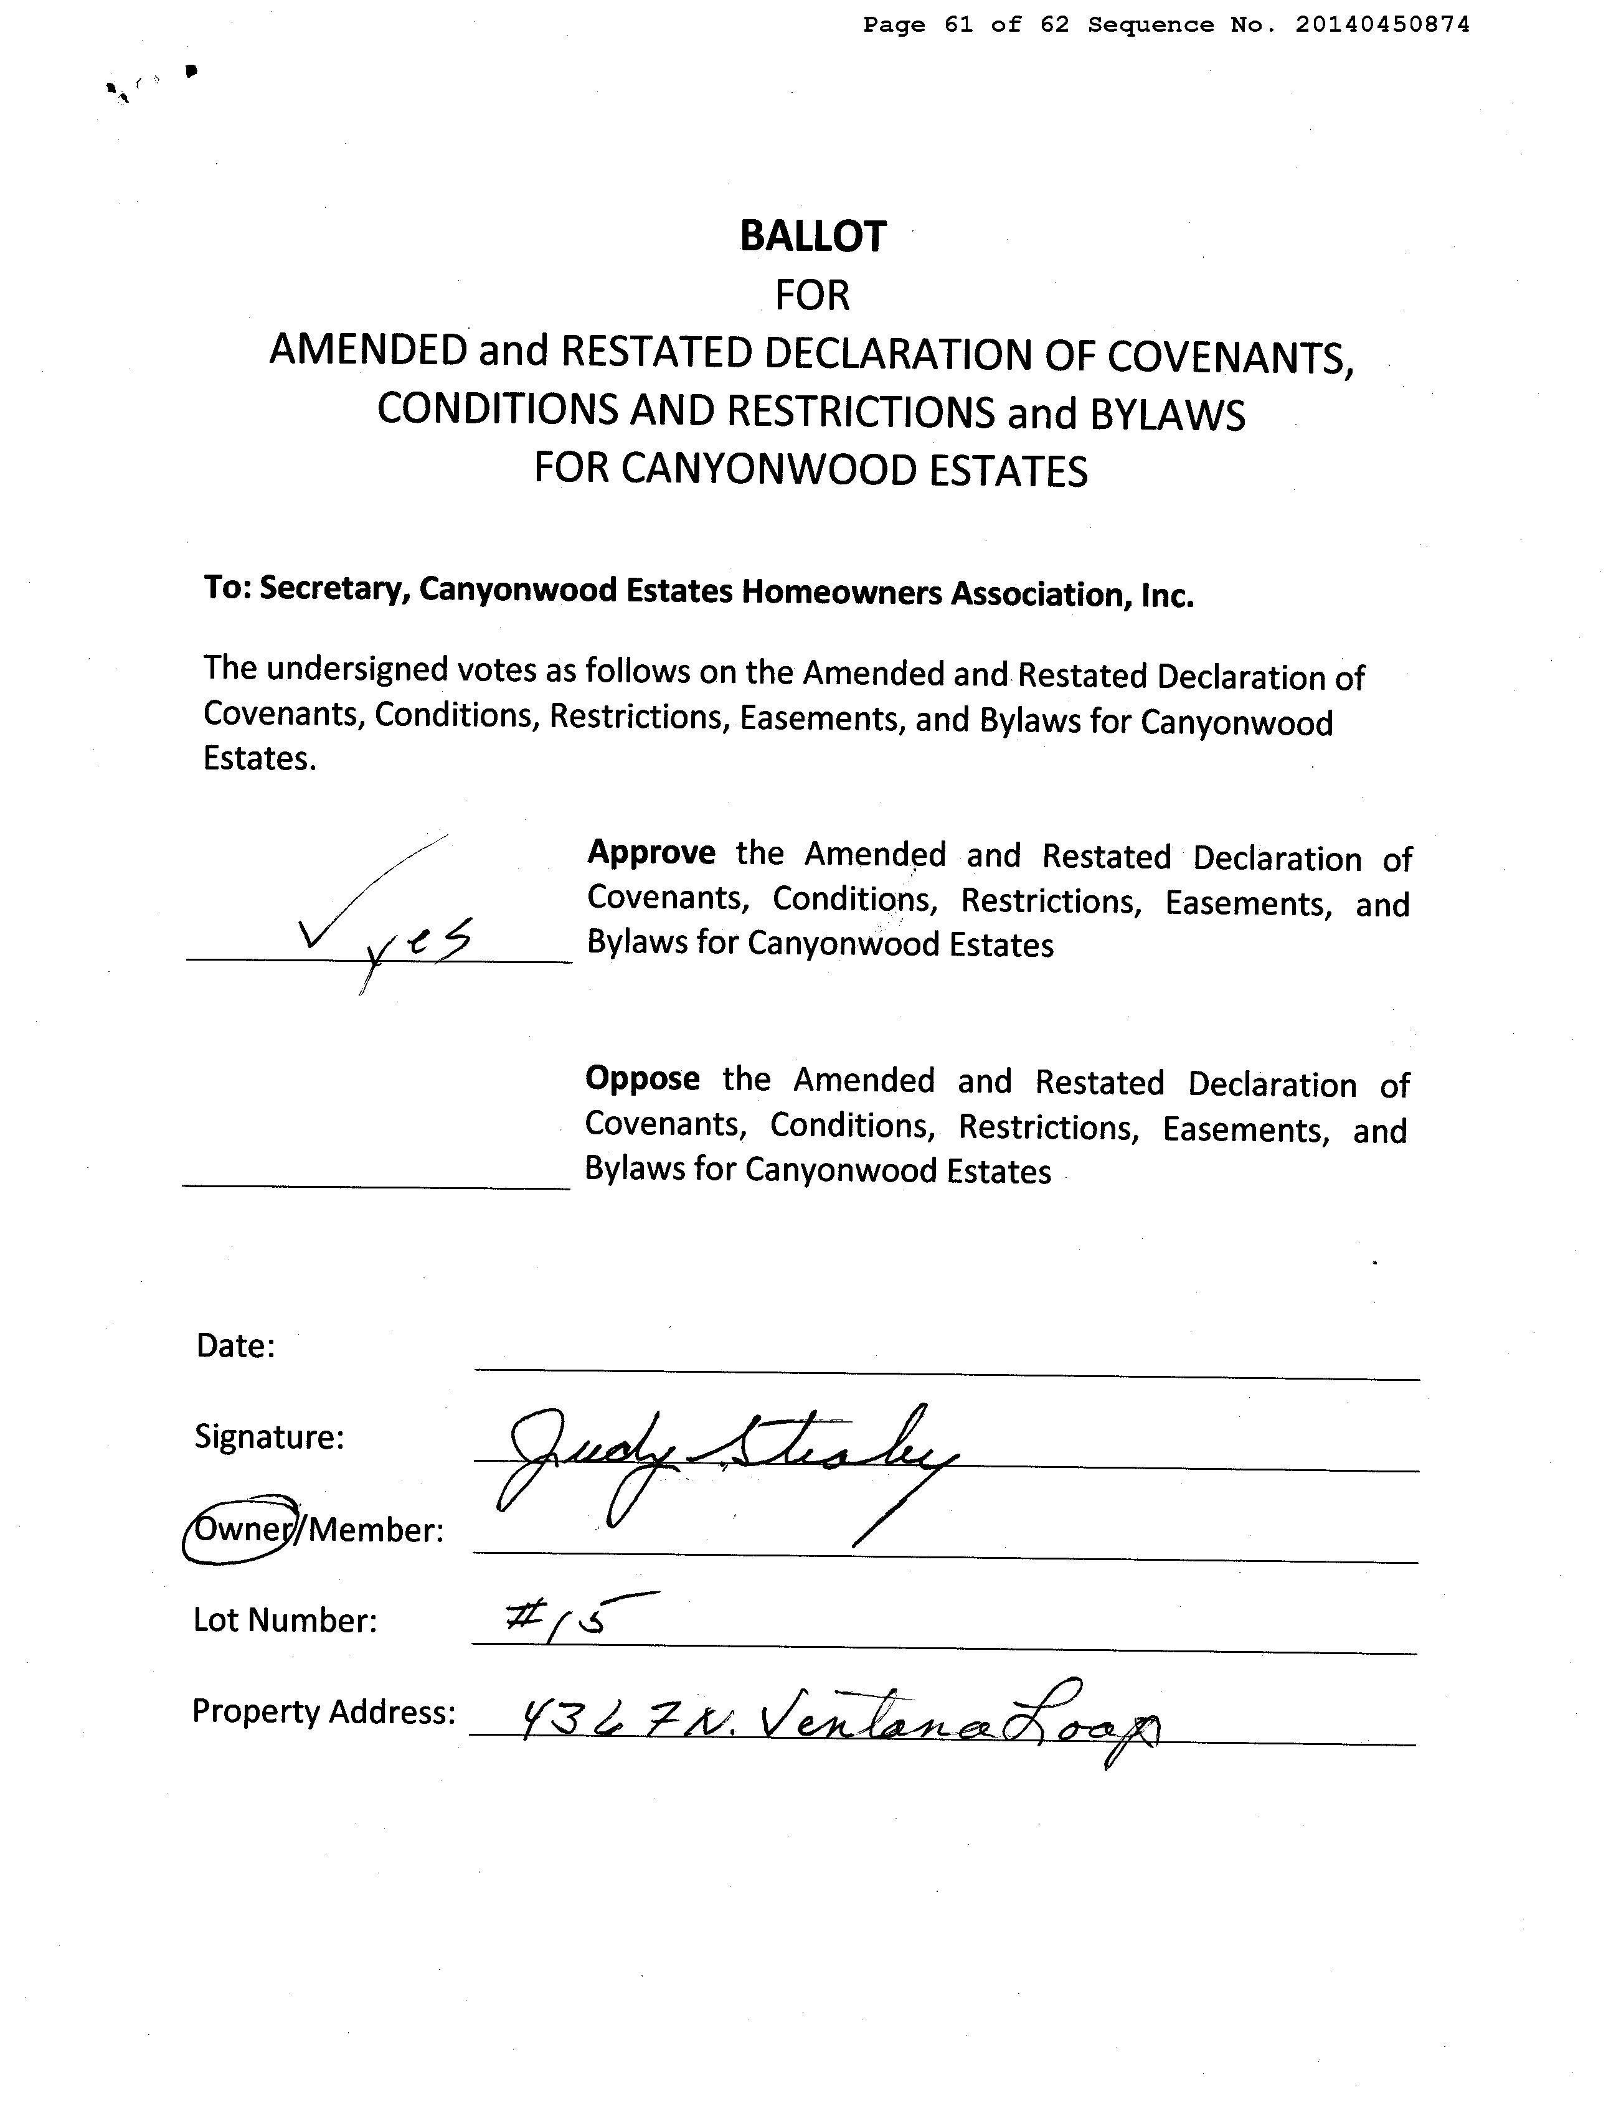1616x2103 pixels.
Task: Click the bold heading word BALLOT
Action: pos(812,237)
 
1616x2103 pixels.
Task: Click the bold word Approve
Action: pos(651,853)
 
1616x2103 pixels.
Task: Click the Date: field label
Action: pos(235,1344)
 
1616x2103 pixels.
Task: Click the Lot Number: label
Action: pos(285,1621)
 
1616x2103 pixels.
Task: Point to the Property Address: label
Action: pos(323,1711)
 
